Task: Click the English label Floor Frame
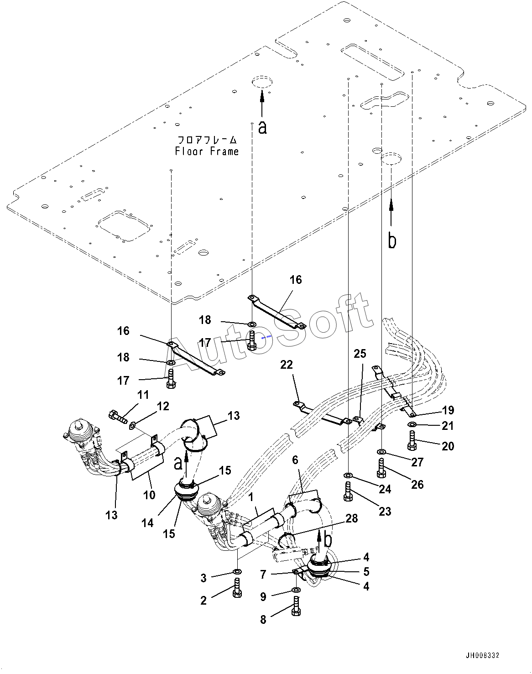[207, 151]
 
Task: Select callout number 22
[287, 365]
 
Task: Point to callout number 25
[360, 354]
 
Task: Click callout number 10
[150, 494]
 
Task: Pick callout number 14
[147, 523]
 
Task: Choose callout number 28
[351, 518]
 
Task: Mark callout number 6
[295, 460]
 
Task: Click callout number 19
[448, 410]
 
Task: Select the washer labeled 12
[133, 426]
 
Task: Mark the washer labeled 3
[237, 571]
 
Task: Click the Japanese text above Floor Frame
[207, 139]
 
